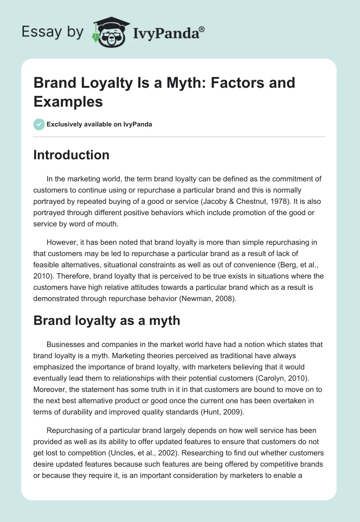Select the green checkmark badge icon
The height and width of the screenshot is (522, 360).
click(x=39, y=124)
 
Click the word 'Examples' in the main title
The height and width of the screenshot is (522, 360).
click(x=68, y=101)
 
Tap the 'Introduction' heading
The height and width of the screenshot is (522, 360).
click(x=72, y=155)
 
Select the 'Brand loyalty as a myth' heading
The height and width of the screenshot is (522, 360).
click(x=107, y=320)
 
